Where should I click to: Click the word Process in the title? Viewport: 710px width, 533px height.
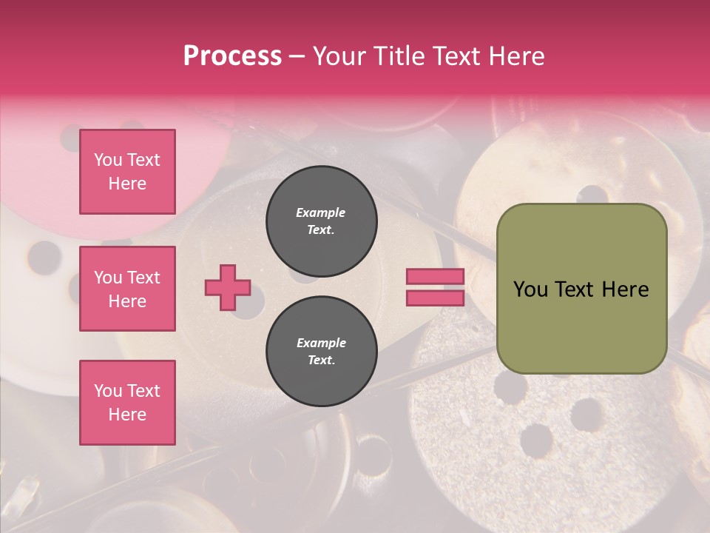click(x=232, y=56)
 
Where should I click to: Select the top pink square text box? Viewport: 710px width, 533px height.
click(x=127, y=172)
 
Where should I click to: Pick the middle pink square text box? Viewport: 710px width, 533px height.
click(x=127, y=289)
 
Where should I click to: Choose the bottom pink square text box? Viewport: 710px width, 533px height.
click(x=127, y=402)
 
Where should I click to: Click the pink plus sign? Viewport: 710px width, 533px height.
click(x=228, y=287)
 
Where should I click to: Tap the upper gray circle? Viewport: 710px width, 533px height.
click(x=321, y=221)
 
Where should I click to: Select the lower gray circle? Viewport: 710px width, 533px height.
click(x=321, y=351)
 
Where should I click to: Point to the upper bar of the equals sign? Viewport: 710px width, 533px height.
click(x=435, y=276)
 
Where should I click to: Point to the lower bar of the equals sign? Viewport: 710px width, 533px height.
click(x=435, y=298)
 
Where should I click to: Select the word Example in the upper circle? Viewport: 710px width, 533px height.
click(x=321, y=212)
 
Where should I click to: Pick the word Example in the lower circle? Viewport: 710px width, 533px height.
click(x=321, y=343)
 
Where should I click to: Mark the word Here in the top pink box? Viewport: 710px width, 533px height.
click(x=127, y=184)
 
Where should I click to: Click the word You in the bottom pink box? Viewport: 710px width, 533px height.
click(x=108, y=391)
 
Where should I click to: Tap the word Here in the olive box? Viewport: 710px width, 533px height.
click(x=625, y=289)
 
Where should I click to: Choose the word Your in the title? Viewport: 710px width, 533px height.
click(x=339, y=56)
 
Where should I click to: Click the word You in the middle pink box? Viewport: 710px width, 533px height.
click(x=108, y=278)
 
